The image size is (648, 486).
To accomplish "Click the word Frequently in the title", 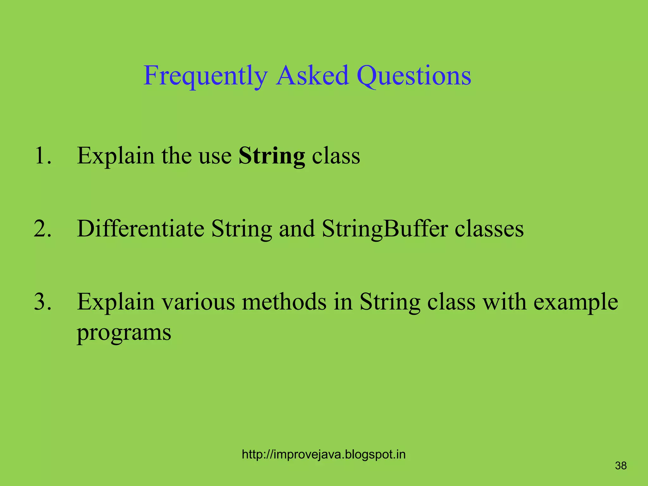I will (x=205, y=76).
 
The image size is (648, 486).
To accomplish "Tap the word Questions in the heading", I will (x=414, y=76).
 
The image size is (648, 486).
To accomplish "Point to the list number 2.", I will (x=42, y=228).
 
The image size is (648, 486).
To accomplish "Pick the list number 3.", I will (x=42, y=302).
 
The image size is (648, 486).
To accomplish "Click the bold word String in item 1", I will (x=271, y=156).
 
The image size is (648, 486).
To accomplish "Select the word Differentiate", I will (x=140, y=228).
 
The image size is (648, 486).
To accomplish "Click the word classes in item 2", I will (x=489, y=229).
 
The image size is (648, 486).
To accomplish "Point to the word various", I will (x=198, y=302).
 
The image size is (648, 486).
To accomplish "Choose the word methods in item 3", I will (x=284, y=302).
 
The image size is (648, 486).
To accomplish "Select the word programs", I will (x=124, y=333).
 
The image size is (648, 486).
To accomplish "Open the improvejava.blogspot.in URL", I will (x=323, y=455).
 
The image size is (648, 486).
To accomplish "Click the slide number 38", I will (x=621, y=466).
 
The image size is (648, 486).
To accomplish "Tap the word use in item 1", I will (x=215, y=156).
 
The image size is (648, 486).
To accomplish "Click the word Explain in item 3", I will (x=115, y=302).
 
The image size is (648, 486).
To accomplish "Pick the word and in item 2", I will (x=296, y=228).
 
